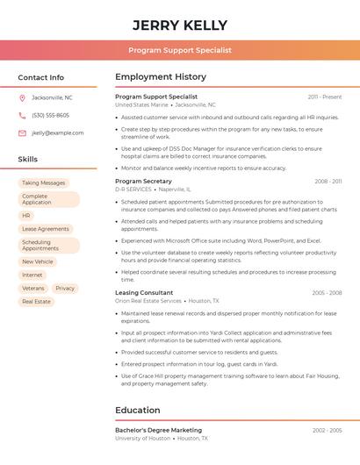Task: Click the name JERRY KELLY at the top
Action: [x=180, y=25]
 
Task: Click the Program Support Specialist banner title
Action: [x=180, y=50]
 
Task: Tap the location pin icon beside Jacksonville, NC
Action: [x=22, y=97]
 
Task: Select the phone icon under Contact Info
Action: [x=22, y=115]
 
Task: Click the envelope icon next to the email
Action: [x=22, y=133]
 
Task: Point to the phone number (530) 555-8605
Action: [x=50, y=115]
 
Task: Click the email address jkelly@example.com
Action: [x=58, y=133]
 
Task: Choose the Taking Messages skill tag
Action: [x=43, y=183]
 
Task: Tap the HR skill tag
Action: [x=26, y=215]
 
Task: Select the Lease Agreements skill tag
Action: [x=45, y=229]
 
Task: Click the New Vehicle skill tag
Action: [x=38, y=261]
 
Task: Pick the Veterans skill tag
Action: [x=32, y=288]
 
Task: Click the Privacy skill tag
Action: [x=65, y=288]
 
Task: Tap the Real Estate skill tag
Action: [x=36, y=301]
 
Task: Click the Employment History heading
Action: [x=161, y=77]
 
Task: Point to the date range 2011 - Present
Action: [x=325, y=97]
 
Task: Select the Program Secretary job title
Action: [x=143, y=182]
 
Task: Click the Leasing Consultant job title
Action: [x=144, y=293]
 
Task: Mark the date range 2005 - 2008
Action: [x=327, y=293]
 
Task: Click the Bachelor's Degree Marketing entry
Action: [x=158, y=430]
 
